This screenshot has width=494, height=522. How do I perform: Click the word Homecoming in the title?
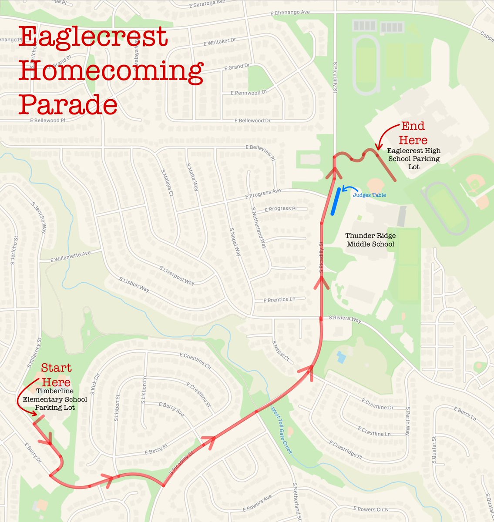point(111,71)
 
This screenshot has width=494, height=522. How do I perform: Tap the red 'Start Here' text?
point(56,375)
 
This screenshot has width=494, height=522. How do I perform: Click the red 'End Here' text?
point(413,133)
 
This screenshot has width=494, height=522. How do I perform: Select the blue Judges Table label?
point(369,195)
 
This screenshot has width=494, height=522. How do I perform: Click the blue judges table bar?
point(335,201)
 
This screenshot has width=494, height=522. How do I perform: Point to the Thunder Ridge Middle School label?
point(371,240)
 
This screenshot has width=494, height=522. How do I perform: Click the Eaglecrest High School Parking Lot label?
point(414,158)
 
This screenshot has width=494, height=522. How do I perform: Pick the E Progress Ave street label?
point(263,194)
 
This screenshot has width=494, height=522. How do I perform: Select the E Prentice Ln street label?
point(279,300)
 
